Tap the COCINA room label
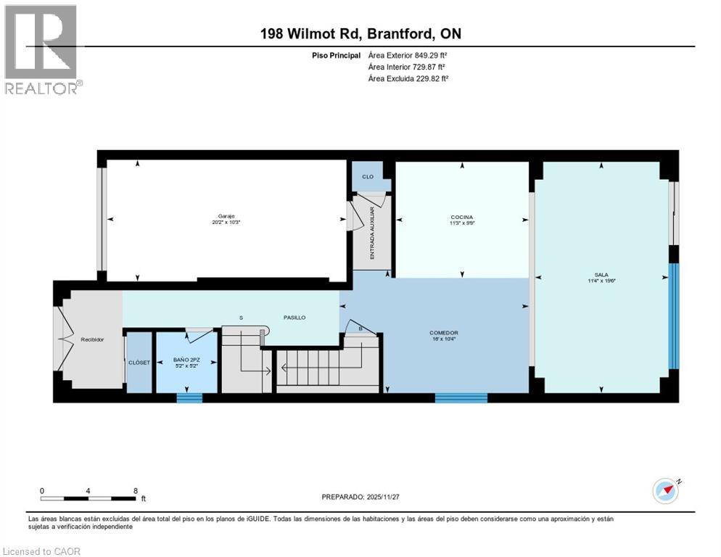point(461,217)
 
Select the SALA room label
point(601,275)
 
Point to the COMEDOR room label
point(443,333)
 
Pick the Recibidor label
point(91,339)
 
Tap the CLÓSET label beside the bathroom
point(139,362)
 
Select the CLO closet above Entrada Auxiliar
point(368,176)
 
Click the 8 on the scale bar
point(136,490)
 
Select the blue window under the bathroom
point(189,397)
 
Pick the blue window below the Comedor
point(461,397)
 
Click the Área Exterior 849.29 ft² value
point(408,55)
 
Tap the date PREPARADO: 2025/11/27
point(360,497)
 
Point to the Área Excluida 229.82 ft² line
point(408,78)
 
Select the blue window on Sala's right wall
point(673,315)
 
